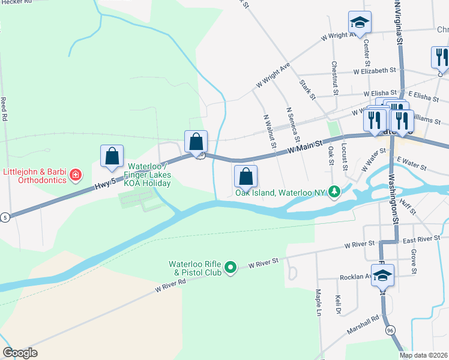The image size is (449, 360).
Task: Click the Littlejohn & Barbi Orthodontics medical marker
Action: pos(76,176)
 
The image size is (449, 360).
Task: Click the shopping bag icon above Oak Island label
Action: pos(246,176)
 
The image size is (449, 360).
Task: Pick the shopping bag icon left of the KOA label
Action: pos(112,157)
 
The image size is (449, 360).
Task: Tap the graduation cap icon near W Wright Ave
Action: pos(360,23)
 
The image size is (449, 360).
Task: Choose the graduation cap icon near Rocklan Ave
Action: pos(382,276)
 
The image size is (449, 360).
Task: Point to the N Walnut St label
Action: pos(268,130)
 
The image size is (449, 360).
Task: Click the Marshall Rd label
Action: pos(363,325)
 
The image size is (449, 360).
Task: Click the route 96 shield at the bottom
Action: pos(390,330)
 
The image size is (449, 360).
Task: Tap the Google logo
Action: pos(20,353)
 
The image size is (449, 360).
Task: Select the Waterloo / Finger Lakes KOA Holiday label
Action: pos(148,175)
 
